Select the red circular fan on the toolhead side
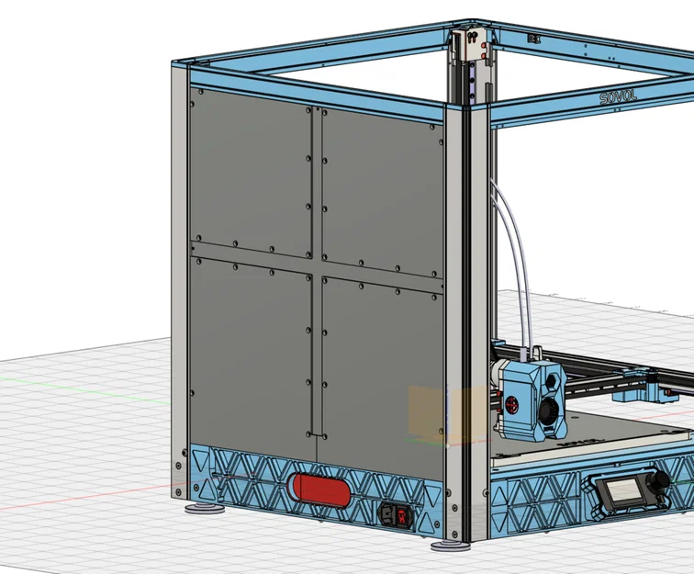coord(508,401)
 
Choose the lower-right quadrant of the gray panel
coord(381,367)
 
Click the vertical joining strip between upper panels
coord(315,184)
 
